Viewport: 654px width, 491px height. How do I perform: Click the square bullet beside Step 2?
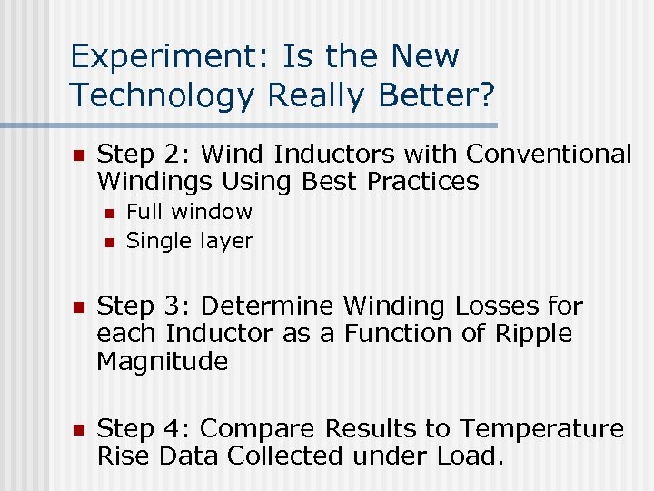pyautogui.click(x=78, y=155)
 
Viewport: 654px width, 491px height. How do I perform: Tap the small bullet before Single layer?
pyautogui.click(x=108, y=242)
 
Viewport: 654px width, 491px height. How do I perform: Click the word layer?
pyautogui.click(x=227, y=242)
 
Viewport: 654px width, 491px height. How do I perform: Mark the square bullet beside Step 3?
pyautogui.click(x=78, y=306)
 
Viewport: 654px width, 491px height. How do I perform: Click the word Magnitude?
pyautogui.click(x=162, y=362)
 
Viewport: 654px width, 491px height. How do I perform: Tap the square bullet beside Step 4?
pyautogui.click(x=78, y=430)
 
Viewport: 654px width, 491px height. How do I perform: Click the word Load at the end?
pyautogui.click(x=469, y=456)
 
